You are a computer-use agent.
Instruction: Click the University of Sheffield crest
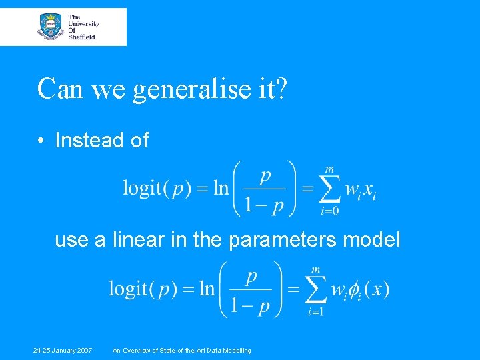point(51,27)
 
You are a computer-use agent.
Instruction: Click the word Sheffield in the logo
point(83,37)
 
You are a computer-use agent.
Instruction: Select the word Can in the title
point(61,89)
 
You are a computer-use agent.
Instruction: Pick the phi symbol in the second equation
point(355,291)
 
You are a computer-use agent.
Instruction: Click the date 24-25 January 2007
point(64,351)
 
